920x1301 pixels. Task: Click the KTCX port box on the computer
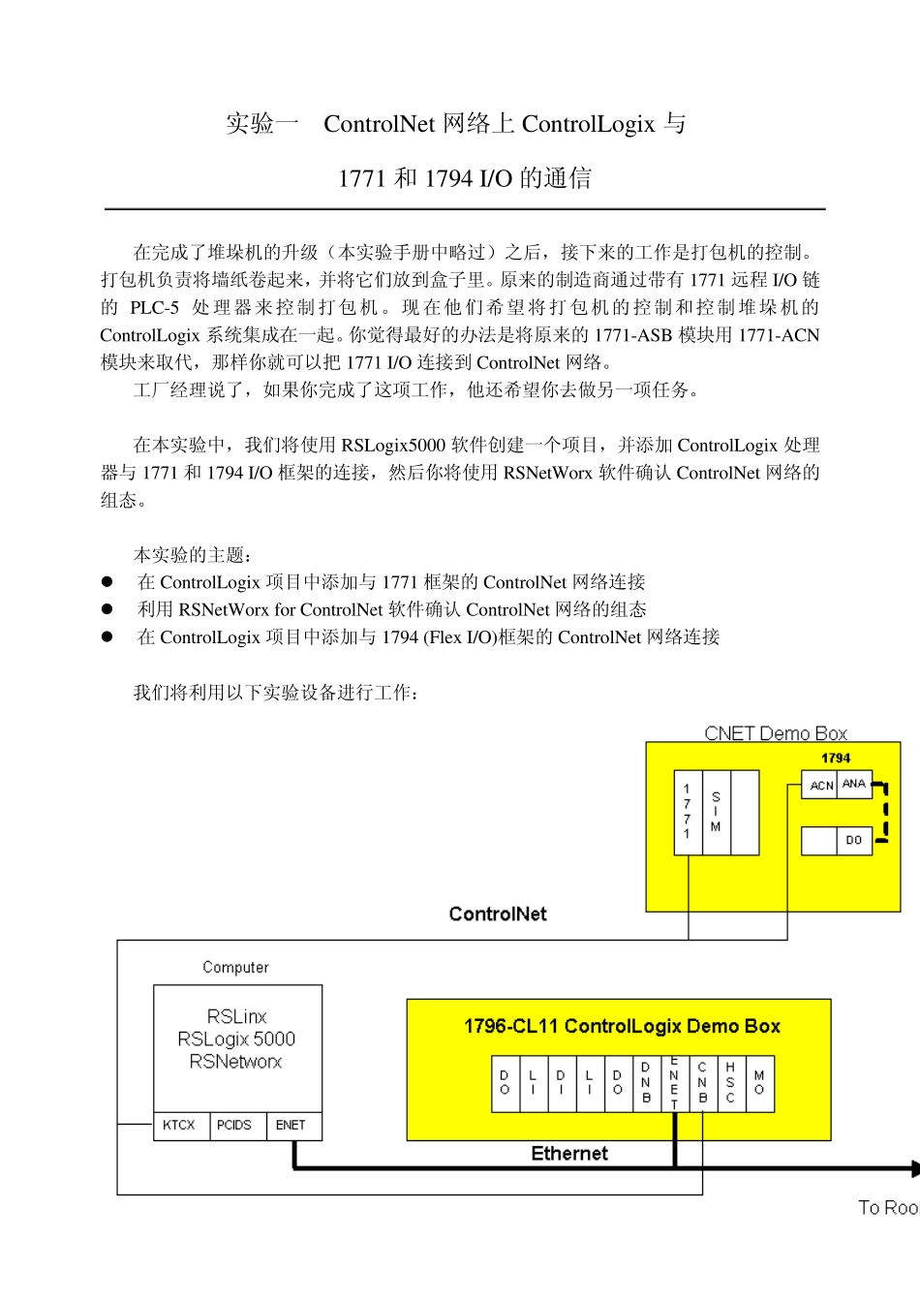point(180,1125)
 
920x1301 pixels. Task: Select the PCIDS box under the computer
point(235,1125)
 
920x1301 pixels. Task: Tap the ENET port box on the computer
point(291,1125)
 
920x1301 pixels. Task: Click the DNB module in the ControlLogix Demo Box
point(646,1083)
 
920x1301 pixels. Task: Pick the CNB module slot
point(702,1083)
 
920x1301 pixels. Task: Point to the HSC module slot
point(730,1083)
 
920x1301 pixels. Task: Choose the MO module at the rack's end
point(759,1083)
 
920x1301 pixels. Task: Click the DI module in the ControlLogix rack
point(561,1083)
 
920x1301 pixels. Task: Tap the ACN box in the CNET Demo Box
point(820,786)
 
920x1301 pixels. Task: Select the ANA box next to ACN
point(854,784)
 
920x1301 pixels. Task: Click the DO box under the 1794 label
point(853,840)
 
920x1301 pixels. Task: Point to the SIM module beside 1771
point(716,813)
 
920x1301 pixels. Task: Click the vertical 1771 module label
point(688,813)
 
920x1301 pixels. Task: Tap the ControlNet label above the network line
point(498,914)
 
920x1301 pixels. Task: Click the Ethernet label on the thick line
point(569,1154)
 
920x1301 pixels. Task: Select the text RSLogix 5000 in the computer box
point(236,1039)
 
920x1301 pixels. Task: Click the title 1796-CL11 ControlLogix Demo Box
point(622,1026)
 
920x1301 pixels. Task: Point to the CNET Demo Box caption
point(776,733)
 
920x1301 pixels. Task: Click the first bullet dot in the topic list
point(107,582)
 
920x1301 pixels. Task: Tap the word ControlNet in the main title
point(379,124)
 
